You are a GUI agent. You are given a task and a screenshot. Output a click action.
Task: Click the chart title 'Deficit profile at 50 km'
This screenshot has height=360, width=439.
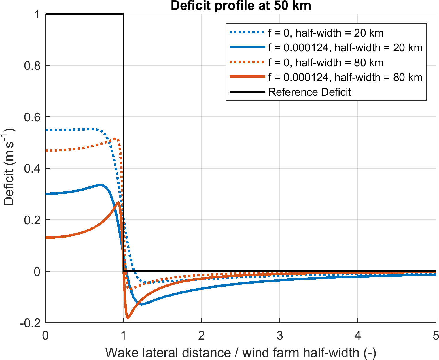241,6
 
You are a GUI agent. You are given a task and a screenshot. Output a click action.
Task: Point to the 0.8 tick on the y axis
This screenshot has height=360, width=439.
32,65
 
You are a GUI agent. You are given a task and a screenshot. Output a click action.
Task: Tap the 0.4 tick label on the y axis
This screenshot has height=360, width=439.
32,168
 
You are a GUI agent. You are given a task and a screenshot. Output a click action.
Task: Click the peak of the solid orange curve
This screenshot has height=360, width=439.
118,203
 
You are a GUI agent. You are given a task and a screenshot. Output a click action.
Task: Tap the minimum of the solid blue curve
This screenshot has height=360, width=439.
142,304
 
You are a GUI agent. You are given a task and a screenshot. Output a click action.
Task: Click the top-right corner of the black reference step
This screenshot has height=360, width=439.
123,14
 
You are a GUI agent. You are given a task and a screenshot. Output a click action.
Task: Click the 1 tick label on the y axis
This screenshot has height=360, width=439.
37,14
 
